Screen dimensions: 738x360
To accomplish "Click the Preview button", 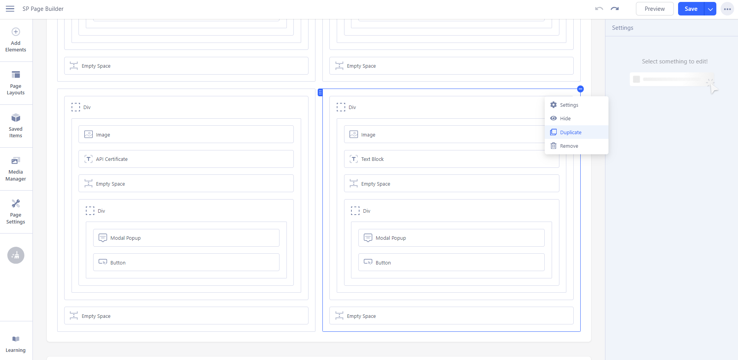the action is point(654,9).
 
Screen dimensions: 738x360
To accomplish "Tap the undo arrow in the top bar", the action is point(599,9).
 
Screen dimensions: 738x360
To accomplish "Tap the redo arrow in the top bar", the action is point(615,9).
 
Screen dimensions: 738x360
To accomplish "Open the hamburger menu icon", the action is point(10,9).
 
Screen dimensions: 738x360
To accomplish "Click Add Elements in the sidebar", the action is point(16,40).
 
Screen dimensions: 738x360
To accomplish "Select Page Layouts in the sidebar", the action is point(16,83).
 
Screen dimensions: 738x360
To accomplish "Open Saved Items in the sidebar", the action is point(16,126).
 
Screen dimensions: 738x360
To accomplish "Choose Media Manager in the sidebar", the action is point(16,169).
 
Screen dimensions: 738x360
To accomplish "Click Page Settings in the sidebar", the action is point(16,212).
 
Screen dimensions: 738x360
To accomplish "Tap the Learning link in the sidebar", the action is point(16,344).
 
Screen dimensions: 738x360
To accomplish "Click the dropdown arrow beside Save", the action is point(710,9).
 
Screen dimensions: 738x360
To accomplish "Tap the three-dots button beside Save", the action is point(727,9).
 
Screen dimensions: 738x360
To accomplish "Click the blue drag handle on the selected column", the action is point(320,92).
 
